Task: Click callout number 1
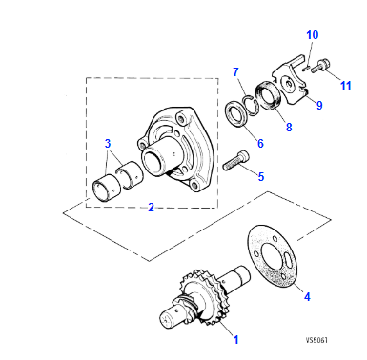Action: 236,338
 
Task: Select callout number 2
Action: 151,208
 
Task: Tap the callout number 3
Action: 107,144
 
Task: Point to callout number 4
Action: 306,296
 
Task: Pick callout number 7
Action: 237,71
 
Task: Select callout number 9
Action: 319,105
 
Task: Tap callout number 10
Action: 311,35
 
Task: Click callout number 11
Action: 346,86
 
